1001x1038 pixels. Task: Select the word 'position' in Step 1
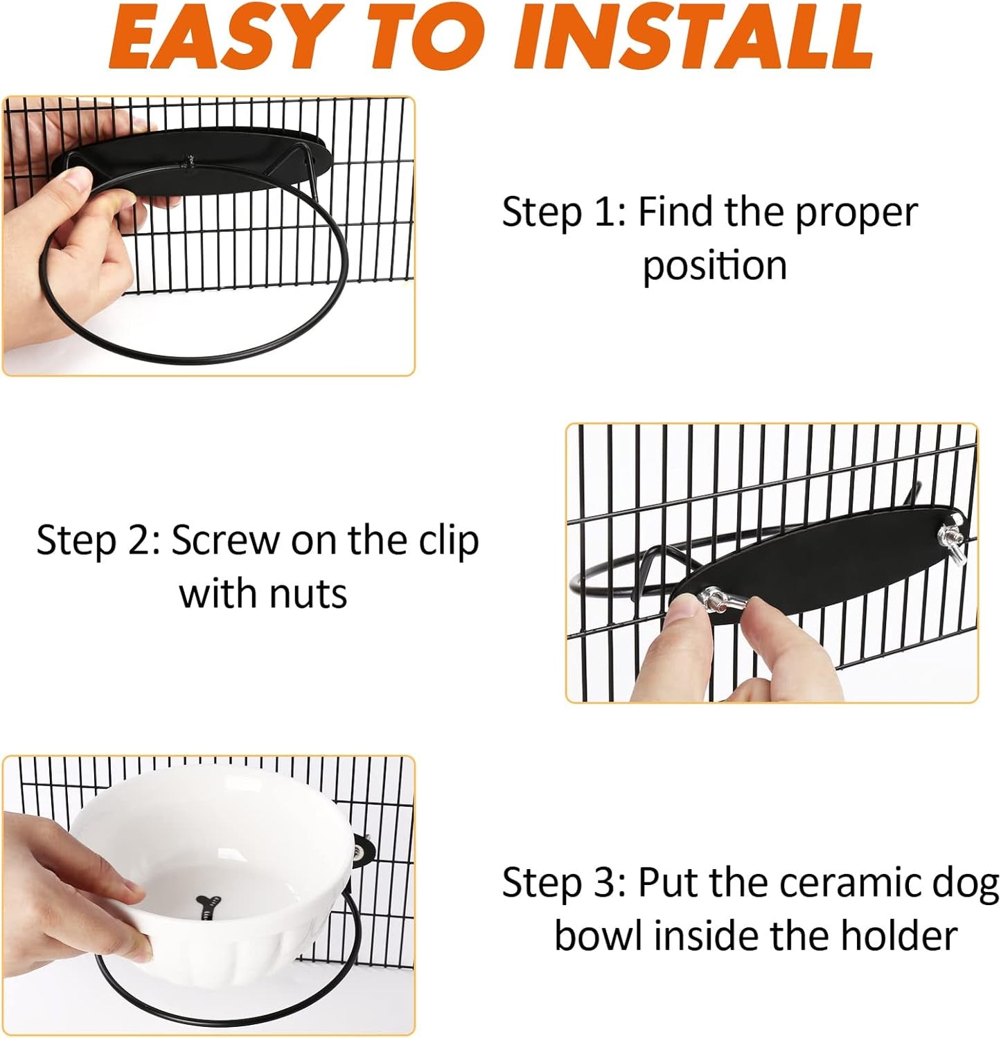pyautogui.click(x=714, y=266)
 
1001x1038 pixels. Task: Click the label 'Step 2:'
pyautogui.click(x=98, y=540)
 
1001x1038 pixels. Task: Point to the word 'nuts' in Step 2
pyautogui.click(x=308, y=594)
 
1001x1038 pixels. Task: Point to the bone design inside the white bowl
pyautogui.click(x=209, y=907)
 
